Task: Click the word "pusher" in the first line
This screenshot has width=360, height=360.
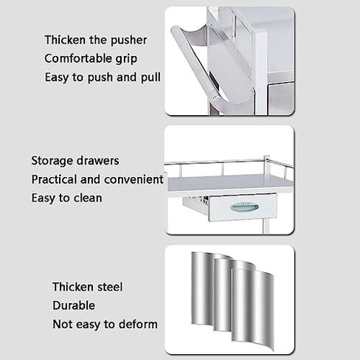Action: [x=126, y=40]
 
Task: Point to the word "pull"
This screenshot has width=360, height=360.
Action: [x=150, y=77]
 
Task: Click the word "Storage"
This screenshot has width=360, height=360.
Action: [x=52, y=160]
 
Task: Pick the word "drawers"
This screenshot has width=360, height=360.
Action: [x=98, y=160]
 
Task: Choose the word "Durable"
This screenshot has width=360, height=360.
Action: [x=72, y=305]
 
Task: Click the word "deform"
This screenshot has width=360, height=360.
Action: [x=136, y=323]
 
